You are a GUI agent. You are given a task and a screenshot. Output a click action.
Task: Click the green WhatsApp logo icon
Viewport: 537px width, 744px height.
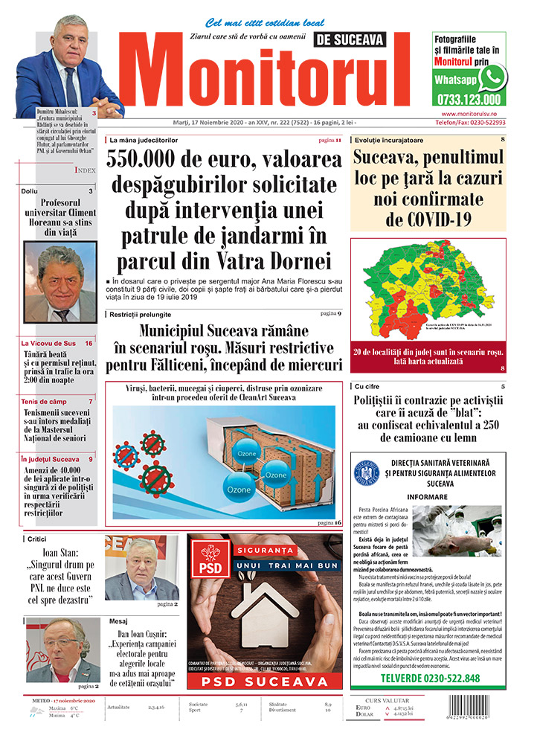[x=492, y=77]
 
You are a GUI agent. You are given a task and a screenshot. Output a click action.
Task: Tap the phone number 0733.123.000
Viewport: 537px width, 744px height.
[x=470, y=99]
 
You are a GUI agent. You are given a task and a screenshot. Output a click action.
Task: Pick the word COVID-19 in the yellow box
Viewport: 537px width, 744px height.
[x=429, y=219]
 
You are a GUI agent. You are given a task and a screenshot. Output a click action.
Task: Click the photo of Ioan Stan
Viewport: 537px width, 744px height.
[x=141, y=568]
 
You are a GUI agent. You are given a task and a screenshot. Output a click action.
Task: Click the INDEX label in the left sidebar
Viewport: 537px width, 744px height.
[x=84, y=170]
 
